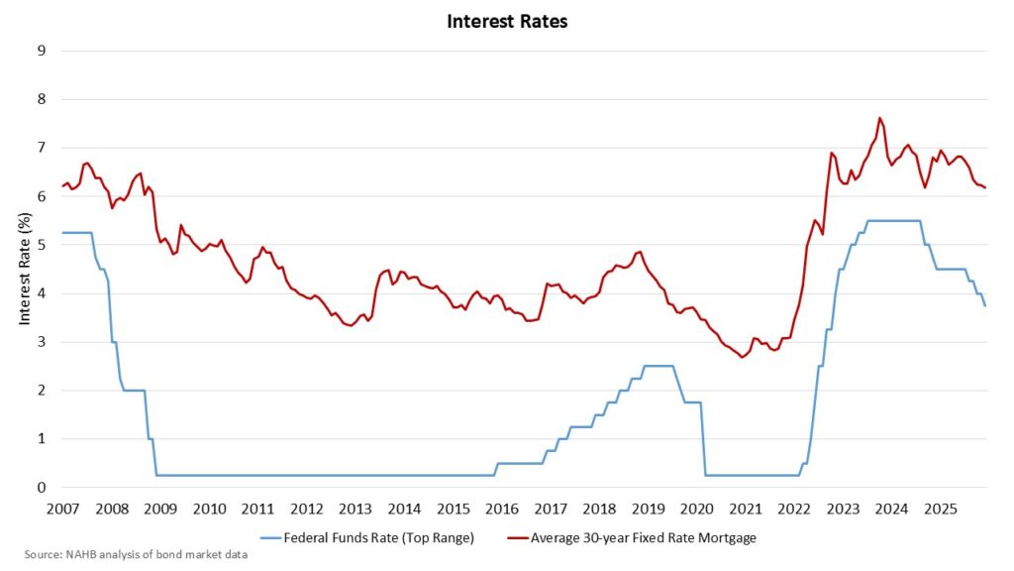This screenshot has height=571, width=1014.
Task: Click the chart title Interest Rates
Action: (x=507, y=21)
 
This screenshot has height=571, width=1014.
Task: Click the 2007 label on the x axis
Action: (x=62, y=509)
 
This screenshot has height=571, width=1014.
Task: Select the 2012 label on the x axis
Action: (x=306, y=509)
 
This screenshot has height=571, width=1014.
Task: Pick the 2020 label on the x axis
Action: (x=697, y=509)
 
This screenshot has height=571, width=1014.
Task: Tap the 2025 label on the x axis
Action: (x=941, y=509)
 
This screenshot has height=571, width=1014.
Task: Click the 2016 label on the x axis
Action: (x=502, y=509)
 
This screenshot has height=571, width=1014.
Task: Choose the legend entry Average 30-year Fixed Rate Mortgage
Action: (x=642, y=538)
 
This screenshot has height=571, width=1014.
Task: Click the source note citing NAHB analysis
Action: (x=137, y=554)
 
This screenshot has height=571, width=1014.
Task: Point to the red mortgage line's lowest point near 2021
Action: (x=743, y=357)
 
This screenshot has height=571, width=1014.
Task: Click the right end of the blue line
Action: (x=985, y=305)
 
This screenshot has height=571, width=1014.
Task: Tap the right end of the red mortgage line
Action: (x=985, y=187)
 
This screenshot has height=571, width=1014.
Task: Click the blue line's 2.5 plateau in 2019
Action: (x=659, y=366)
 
